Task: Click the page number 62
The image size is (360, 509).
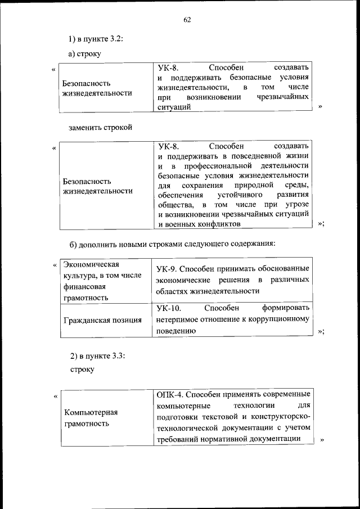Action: pyautogui.click(x=187, y=21)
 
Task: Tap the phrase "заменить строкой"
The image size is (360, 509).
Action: pyautogui.click(x=100, y=127)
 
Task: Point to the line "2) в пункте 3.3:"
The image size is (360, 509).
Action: pyautogui.click(x=97, y=355)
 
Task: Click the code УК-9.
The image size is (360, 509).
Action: pyautogui.click(x=167, y=268)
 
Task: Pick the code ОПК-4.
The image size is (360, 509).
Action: pyautogui.click(x=170, y=393)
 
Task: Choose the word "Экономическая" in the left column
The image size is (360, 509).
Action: pyautogui.click(x=90, y=264)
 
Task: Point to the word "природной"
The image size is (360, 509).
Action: pyautogui.click(x=249, y=185)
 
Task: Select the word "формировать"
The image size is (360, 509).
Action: pyautogui.click(x=285, y=308)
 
